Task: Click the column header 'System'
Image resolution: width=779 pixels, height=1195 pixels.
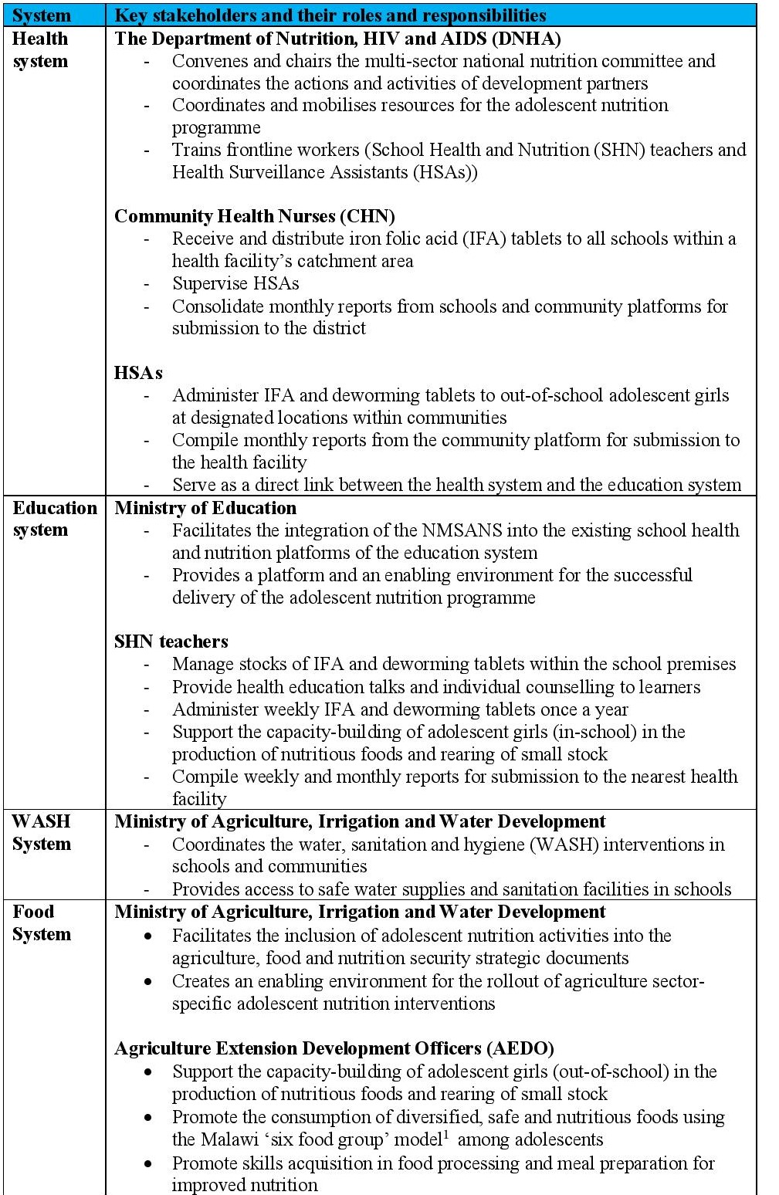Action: pyautogui.click(x=42, y=15)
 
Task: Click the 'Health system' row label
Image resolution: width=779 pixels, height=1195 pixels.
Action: pyautogui.click(x=40, y=50)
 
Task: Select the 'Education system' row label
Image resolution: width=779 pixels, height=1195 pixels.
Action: pyautogui.click(x=54, y=519)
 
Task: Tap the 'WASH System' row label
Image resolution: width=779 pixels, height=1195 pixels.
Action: pyautogui.click(x=42, y=832)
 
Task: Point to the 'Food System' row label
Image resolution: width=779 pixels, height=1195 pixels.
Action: pyautogui.click(x=42, y=922)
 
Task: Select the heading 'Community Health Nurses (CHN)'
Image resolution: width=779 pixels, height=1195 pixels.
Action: pyautogui.click(x=255, y=216)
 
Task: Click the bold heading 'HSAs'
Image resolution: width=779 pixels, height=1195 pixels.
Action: pyautogui.click(x=138, y=373)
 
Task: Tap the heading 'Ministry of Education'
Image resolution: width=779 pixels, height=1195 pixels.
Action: pyautogui.click(x=205, y=508)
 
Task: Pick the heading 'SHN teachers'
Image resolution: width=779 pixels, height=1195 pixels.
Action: pyautogui.click(x=171, y=642)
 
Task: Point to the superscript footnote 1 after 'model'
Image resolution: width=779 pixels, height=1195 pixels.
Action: pyautogui.click(x=446, y=1135)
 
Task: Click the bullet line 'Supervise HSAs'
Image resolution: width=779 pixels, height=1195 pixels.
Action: pyautogui.click(x=235, y=283)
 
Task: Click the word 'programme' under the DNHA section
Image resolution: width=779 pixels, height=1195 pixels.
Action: pyautogui.click(x=216, y=127)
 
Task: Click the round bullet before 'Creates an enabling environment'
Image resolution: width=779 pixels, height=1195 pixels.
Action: pyautogui.click(x=148, y=981)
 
